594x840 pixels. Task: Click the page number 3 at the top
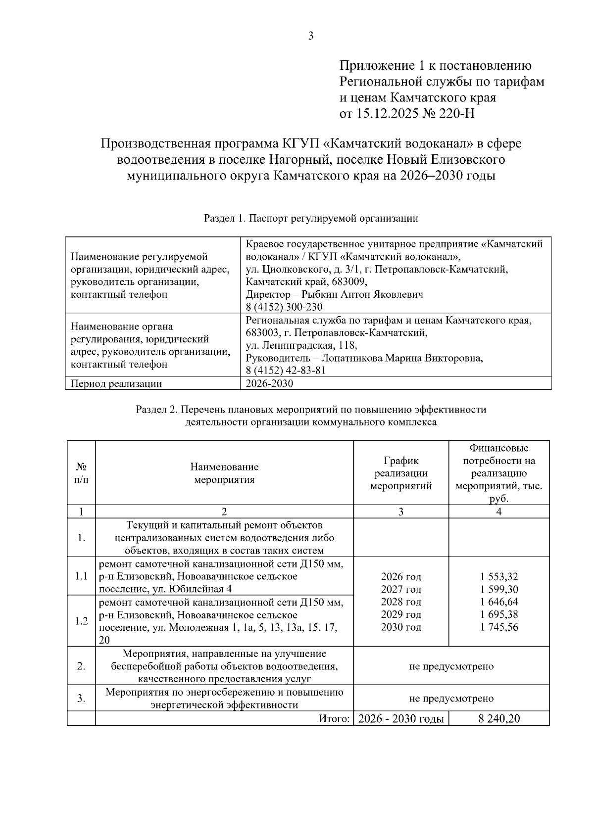311,36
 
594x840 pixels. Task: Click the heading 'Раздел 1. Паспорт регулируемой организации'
311,218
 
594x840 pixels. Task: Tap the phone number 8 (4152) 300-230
284,307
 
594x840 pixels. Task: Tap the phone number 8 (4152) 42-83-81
286,371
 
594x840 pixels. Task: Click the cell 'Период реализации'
116,383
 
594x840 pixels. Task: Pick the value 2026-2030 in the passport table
269,383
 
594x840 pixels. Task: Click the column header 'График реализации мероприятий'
401,473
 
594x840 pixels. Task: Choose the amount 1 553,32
498,577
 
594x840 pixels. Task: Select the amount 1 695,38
498,615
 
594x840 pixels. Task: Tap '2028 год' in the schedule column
401,602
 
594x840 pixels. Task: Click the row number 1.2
81,621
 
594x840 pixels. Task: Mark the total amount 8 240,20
499,719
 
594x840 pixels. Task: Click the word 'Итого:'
335,719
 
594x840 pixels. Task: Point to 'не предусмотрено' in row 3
451,699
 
